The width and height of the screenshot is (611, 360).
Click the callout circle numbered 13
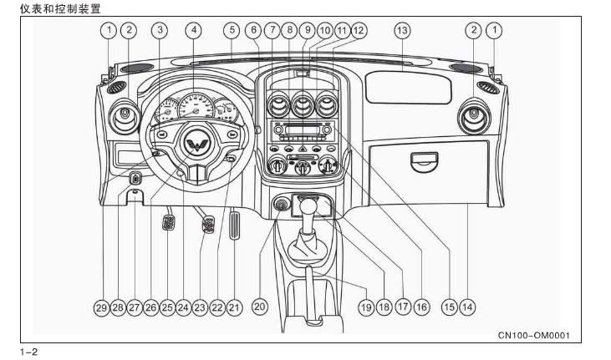[402, 31]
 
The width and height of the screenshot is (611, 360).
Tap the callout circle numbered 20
[259, 307]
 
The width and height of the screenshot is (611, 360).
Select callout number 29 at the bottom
[100, 307]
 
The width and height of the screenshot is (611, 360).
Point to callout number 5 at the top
[231, 31]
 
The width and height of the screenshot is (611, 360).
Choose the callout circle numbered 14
[467, 307]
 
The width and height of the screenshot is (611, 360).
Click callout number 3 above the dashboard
[159, 31]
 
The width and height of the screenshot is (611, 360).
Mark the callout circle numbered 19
[365, 307]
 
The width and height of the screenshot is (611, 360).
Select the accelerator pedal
[234, 226]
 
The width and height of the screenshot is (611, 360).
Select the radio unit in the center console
[301, 130]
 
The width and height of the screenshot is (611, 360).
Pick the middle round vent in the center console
[302, 106]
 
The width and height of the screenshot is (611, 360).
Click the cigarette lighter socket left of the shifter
[280, 203]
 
